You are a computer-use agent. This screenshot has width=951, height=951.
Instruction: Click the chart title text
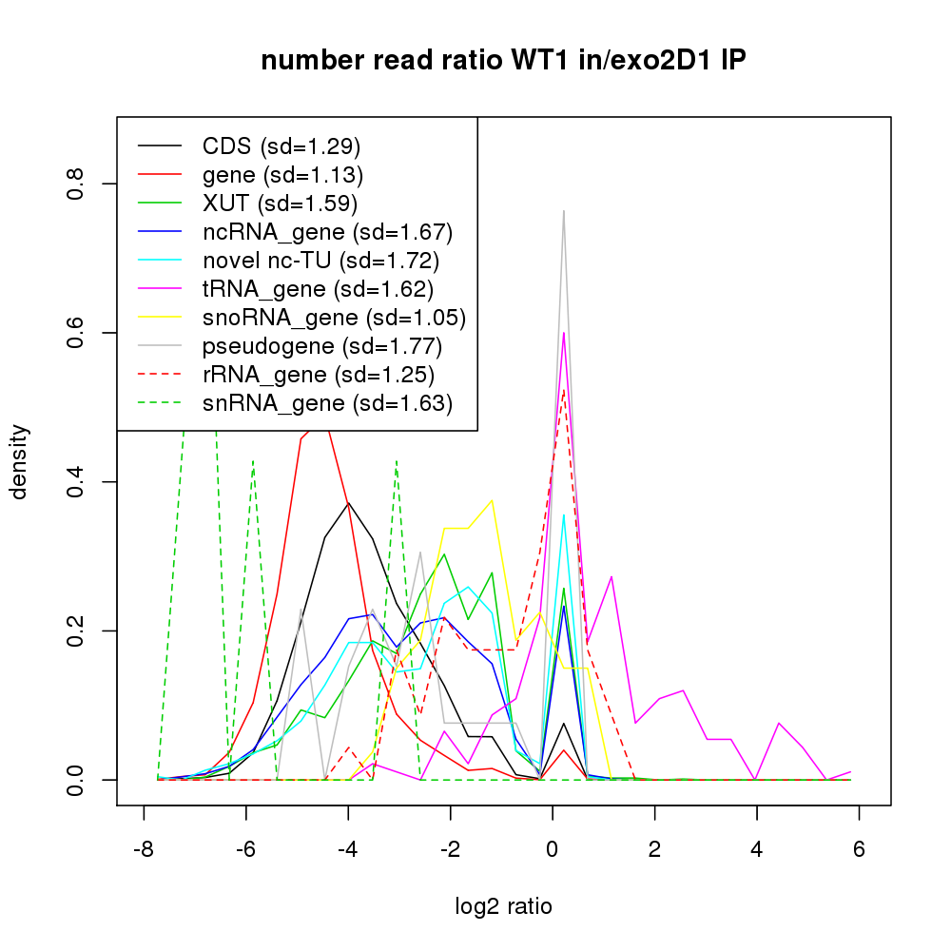click(503, 61)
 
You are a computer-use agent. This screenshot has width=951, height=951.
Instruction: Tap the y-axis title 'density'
click(20, 461)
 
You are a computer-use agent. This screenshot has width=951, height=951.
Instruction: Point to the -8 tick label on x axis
click(144, 850)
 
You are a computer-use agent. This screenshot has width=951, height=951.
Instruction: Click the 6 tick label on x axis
click(859, 850)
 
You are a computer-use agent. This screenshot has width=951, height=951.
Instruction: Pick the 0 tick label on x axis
click(553, 850)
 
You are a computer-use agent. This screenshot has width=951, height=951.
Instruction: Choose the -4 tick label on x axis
click(348, 850)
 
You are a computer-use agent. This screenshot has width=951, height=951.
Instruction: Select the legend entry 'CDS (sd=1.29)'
click(281, 146)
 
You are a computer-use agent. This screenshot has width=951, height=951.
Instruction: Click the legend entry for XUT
click(280, 204)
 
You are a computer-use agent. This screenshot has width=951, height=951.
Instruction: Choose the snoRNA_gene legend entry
click(334, 318)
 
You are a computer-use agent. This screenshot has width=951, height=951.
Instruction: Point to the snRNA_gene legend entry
click(327, 403)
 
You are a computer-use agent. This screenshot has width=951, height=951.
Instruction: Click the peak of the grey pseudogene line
click(564, 211)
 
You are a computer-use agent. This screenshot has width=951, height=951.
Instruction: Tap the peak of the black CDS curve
click(348, 502)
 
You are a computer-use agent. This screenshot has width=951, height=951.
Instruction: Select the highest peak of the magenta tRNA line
click(564, 333)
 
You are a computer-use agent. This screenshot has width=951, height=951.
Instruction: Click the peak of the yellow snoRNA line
click(492, 500)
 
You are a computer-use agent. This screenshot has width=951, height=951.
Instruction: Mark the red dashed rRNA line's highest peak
click(564, 389)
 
